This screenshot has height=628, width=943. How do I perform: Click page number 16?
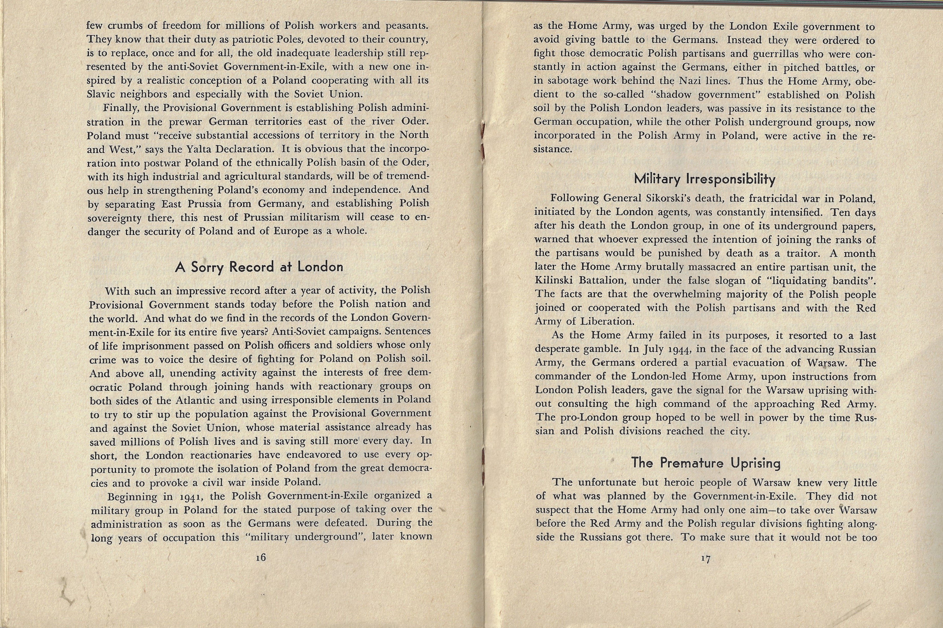261,557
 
